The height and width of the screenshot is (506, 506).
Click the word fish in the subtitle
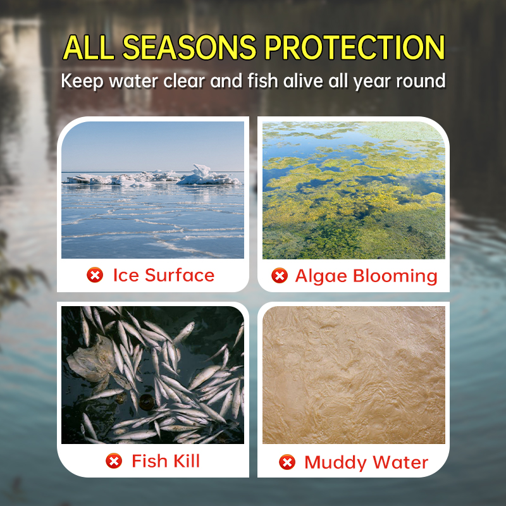click(262, 81)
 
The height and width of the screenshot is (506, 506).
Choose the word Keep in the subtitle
click(82, 82)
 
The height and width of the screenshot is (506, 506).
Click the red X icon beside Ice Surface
click(95, 275)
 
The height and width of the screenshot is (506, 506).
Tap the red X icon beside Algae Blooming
click(280, 276)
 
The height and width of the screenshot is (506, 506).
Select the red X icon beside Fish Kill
click(114, 460)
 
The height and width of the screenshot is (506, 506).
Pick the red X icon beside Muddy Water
click(287, 462)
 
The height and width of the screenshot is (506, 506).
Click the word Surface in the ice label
click(180, 275)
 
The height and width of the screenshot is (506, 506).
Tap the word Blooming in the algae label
click(395, 276)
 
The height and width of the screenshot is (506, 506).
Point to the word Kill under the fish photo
click(187, 460)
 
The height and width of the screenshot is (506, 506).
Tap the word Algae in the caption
click(322, 276)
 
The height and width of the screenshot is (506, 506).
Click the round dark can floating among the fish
click(147, 402)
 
